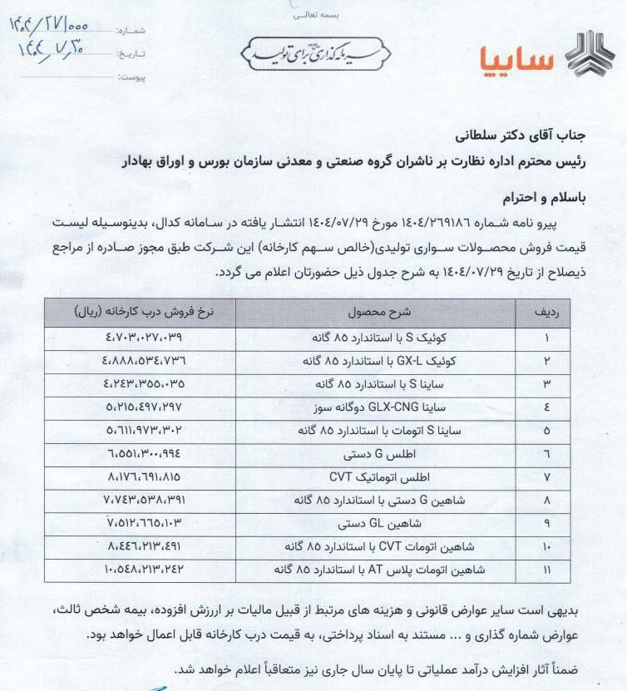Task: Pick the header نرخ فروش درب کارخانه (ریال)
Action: [x=141, y=312]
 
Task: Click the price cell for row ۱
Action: [x=143, y=338]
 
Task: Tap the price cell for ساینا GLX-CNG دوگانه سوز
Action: [x=143, y=407]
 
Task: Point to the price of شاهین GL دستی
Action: [x=143, y=524]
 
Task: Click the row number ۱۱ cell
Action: [x=546, y=570]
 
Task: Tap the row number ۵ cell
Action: [x=546, y=431]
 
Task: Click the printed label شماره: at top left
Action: [x=132, y=31]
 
